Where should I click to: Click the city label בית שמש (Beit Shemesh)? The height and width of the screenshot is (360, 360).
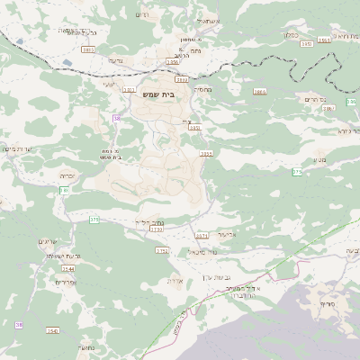click(x=158, y=93)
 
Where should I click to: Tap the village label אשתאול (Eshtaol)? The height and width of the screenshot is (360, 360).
click(x=206, y=19)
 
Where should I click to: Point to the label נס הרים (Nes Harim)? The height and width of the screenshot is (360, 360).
click(x=316, y=98)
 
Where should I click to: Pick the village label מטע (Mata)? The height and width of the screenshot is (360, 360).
click(x=321, y=160)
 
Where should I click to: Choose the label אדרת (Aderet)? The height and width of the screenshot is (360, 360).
click(x=175, y=280)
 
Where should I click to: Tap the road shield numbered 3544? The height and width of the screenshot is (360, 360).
click(x=67, y=268)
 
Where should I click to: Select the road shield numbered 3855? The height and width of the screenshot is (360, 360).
click(x=206, y=154)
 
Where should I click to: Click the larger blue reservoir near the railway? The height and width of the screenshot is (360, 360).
click(x=68, y=65)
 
